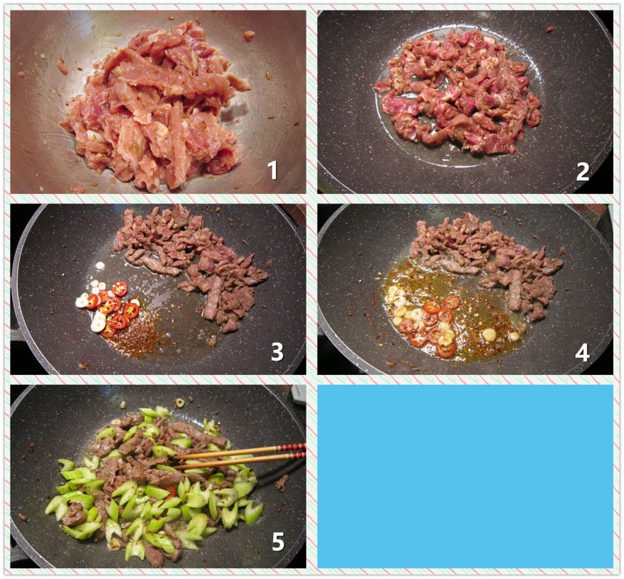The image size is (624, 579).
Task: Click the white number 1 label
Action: (273, 170)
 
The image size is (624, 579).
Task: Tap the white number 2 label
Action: (582, 172)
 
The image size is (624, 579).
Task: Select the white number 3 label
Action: (277, 352)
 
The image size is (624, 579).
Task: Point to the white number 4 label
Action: (582, 352)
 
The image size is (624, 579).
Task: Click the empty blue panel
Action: (466, 476)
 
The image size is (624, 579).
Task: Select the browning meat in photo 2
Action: (457, 92)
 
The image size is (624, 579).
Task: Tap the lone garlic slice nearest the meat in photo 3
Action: (100, 265)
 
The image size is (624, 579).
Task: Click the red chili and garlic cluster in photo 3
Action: (107, 306)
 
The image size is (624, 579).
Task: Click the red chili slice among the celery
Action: (170, 490)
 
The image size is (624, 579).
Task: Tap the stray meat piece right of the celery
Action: (282, 482)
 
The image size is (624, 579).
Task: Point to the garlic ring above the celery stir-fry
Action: (180, 402)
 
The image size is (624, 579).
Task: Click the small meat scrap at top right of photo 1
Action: (249, 36)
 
